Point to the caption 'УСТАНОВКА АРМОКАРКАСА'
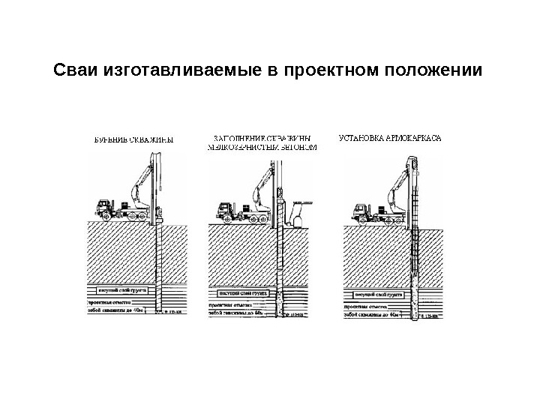coord(390,138)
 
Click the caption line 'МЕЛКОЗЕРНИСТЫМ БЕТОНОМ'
coord(262,148)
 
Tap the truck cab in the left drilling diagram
coord(103,205)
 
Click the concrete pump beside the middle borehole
coord(298,217)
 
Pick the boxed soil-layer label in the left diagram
coord(118,287)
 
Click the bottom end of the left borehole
coord(157,310)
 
